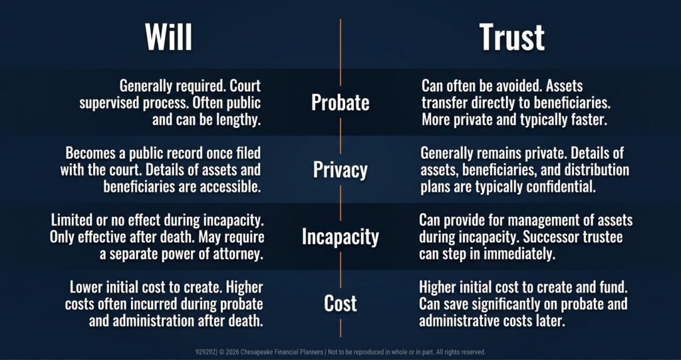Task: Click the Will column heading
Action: click(168, 37)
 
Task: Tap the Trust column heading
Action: click(511, 37)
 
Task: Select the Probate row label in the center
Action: click(340, 102)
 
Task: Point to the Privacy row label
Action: click(340, 170)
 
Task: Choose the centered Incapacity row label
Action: click(340, 237)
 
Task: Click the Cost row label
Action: click(340, 303)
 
